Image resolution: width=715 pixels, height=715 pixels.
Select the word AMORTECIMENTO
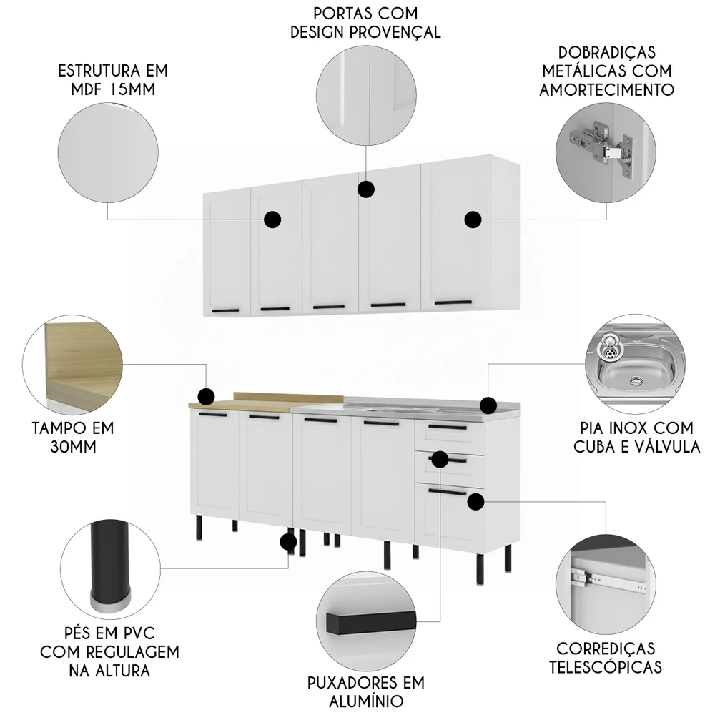tap(608, 89)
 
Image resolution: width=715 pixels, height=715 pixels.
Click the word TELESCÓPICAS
tap(608, 666)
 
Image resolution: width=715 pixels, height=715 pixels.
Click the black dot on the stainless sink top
tap(488, 405)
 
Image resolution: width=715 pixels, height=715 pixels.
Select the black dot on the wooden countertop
tap(206, 396)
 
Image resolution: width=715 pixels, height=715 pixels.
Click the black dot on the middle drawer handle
tap(440, 458)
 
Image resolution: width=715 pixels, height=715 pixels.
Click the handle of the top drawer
tap(448, 428)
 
